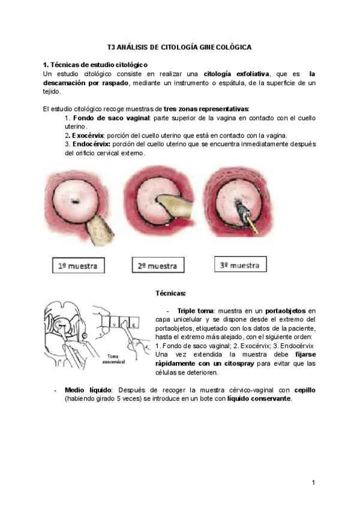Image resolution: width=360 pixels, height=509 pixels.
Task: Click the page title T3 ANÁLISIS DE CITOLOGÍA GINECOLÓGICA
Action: click(x=179, y=46)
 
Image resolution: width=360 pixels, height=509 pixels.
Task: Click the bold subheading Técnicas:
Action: click(x=170, y=294)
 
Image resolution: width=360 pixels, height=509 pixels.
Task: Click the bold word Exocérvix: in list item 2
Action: click(x=84, y=136)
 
